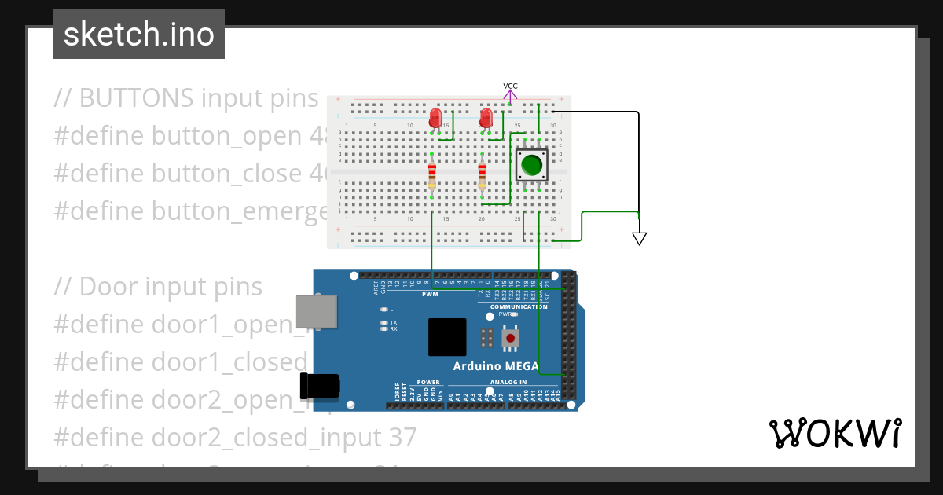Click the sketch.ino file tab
point(138,35)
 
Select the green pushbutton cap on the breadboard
point(532,166)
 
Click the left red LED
point(435,119)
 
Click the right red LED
point(486,119)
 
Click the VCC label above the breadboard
point(510,86)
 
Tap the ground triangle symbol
point(639,239)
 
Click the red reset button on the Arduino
point(512,339)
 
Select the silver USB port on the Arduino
point(316,312)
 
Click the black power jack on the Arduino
point(319,386)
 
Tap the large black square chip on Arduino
point(447,337)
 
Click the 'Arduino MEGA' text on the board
point(496,366)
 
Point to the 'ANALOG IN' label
point(508,382)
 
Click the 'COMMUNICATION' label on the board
point(519,306)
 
